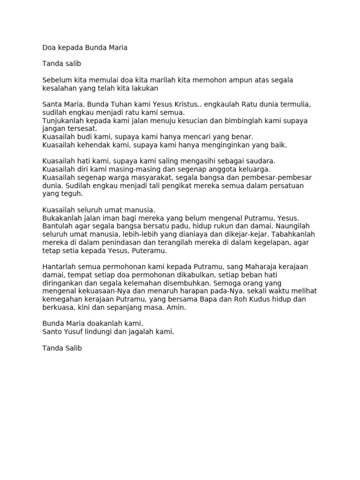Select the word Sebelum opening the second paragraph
[x=57, y=80]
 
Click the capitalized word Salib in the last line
[x=72, y=348]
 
